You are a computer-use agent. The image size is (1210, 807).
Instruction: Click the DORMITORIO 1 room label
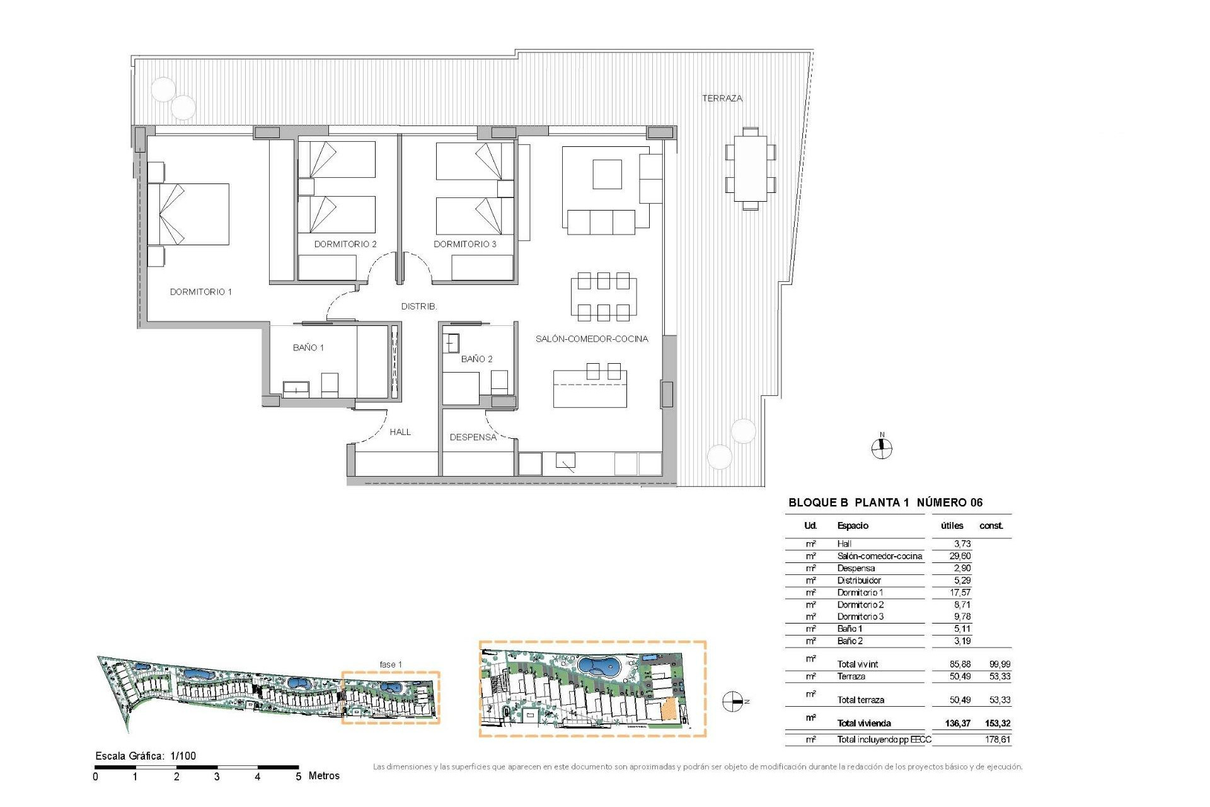coord(200,292)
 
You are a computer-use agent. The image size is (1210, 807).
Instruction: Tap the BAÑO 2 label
coord(476,359)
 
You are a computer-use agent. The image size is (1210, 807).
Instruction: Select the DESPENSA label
coord(473,437)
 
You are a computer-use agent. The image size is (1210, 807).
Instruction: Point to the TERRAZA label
coord(722,98)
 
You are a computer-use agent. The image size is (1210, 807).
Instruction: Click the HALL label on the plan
coord(400,432)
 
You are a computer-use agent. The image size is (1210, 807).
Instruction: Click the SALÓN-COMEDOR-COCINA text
coord(591,339)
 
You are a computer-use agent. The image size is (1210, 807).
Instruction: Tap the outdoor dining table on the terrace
coord(750,168)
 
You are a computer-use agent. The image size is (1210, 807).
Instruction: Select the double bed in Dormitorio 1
coord(189,214)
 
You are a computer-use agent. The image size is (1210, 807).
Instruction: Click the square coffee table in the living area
coord(607,174)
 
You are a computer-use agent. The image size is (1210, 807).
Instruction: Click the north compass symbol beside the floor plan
coord(882,448)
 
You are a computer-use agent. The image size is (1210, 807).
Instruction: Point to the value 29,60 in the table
coord(960,556)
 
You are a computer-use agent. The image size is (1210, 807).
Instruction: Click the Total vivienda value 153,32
coord(998,723)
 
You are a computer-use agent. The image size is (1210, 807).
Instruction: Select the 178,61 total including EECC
coord(998,740)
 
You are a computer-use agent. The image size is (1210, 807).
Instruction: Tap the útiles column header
coord(952,526)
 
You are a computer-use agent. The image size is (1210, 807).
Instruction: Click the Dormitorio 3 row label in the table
coord(860,617)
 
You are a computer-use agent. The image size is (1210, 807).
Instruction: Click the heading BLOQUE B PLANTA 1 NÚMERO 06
coord(885,502)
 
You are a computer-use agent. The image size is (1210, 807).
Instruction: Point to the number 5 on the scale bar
coord(298,777)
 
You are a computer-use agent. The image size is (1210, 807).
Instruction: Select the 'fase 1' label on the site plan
coord(390,665)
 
